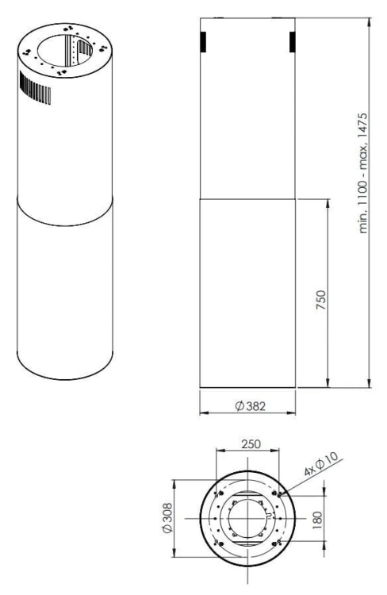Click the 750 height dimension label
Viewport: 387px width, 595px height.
321,300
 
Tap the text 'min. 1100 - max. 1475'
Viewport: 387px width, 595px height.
363,173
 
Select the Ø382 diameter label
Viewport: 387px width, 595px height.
251,406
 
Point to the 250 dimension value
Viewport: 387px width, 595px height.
251,443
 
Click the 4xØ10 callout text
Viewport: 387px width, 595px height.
321,464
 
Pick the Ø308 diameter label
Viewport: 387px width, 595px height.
167,518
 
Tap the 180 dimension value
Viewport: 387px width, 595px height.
318,518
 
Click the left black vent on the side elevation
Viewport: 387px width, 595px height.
203,42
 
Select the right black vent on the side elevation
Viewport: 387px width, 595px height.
292,42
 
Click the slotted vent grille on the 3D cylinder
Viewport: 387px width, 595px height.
35,88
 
